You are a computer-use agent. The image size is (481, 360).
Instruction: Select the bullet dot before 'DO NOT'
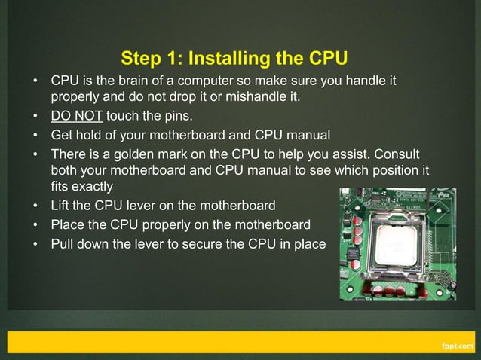(x=35, y=117)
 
